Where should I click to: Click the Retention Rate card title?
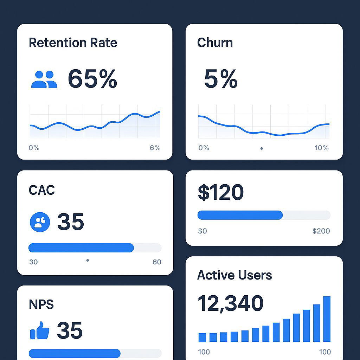(73, 43)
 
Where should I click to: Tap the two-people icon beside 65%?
(44, 79)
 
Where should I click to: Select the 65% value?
(92, 79)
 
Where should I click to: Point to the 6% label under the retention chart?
(155, 148)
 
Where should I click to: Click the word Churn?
(215, 43)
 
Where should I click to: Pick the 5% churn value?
(220, 79)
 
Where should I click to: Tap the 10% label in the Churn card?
(321, 148)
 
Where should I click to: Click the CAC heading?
(42, 190)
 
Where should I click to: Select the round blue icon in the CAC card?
(40, 222)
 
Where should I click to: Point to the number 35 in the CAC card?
(70, 222)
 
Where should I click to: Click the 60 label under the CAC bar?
(157, 262)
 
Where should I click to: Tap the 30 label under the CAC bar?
(33, 262)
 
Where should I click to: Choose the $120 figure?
(220, 192)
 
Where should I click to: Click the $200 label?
(321, 231)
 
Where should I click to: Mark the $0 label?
(202, 231)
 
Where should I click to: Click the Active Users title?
(234, 275)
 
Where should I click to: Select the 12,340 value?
(230, 303)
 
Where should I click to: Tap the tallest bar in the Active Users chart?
(327, 319)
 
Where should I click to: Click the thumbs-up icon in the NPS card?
(40, 330)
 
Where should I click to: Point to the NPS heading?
(41, 304)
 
